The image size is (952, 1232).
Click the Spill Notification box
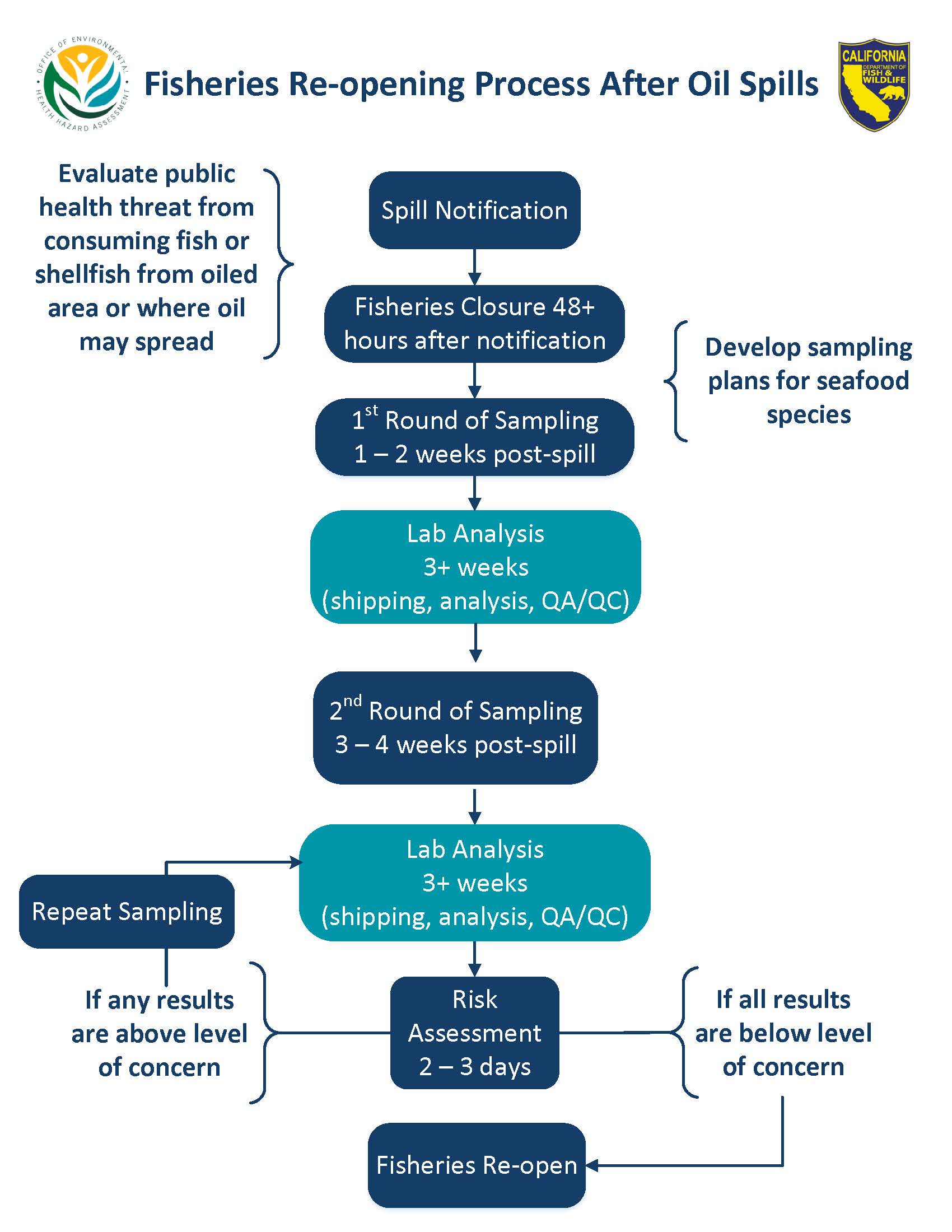(x=474, y=210)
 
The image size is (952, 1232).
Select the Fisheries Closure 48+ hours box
(x=474, y=324)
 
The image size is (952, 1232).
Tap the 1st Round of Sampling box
(x=474, y=437)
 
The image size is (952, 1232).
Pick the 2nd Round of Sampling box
(x=455, y=727)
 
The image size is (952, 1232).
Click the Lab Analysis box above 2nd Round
(x=475, y=567)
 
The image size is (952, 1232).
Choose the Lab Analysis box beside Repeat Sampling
(x=474, y=883)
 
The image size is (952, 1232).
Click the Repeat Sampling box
(x=127, y=912)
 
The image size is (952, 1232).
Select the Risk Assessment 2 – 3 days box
(x=474, y=1033)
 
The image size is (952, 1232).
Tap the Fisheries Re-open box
(x=477, y=1165)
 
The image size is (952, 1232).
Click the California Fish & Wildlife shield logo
(x=874, y=85)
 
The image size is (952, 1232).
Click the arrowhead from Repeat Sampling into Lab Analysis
(x=296, y=862)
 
